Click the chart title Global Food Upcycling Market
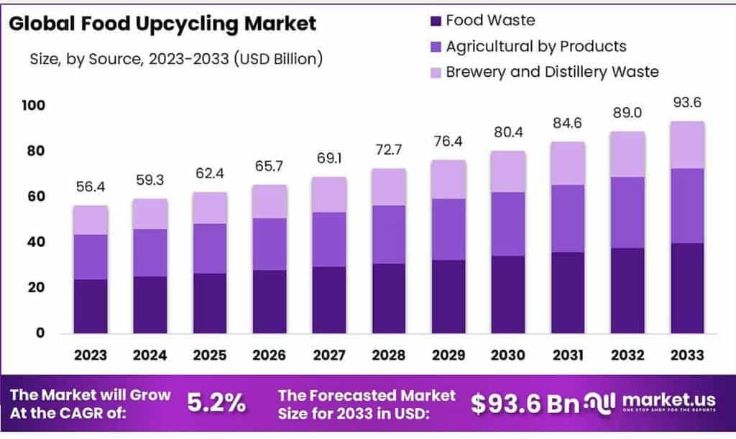click(x=162, y=24)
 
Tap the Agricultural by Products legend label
click(x=535, y=47)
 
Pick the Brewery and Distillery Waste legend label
click(x=552, y=72)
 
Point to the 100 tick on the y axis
click(x=33, y=106)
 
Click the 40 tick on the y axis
click(x=36, y=242)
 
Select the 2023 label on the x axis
click(x=90, y=356)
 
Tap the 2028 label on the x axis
click(x=389, y=356)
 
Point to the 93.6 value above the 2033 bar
click(x=686, y=103)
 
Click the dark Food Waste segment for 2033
click(x=686, y=287)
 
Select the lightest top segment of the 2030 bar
click(x=508, y=172)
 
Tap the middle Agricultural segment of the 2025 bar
click(x=209, y=249)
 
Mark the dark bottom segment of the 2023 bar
click(x=90, y=305)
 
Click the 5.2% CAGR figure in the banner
click(x=216, y=404)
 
